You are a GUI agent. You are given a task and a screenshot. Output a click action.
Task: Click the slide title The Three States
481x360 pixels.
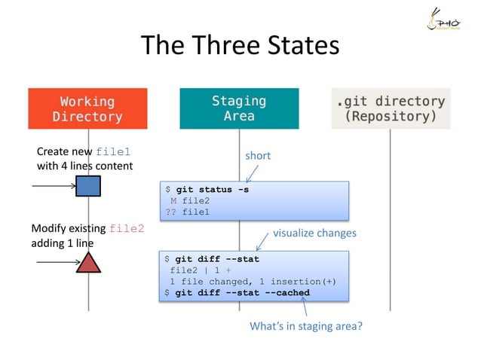click(240, 47)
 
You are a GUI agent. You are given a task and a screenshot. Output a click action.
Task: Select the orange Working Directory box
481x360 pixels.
click(87, 108)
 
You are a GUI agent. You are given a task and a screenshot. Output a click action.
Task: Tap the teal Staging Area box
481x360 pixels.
click(239, 108)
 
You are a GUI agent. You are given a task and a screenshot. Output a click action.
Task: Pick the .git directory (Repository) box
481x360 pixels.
click(391, 108)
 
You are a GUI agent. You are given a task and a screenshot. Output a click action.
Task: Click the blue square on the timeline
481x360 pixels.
click(88, 185)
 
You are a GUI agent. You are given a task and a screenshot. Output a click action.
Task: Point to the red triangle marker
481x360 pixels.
click(89, 262)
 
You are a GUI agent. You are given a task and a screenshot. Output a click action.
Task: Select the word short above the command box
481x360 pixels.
click(257, 156)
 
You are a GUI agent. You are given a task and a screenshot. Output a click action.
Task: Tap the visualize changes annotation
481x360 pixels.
click(314, 233)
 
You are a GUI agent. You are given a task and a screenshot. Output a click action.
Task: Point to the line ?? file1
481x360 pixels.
click(188, 212)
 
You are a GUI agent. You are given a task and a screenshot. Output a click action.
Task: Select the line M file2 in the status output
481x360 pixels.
click(190, 201)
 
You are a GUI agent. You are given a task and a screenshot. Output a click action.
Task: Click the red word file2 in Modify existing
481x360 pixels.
click(127, 228)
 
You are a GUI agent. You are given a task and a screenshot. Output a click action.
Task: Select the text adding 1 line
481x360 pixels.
click(62, 243)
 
